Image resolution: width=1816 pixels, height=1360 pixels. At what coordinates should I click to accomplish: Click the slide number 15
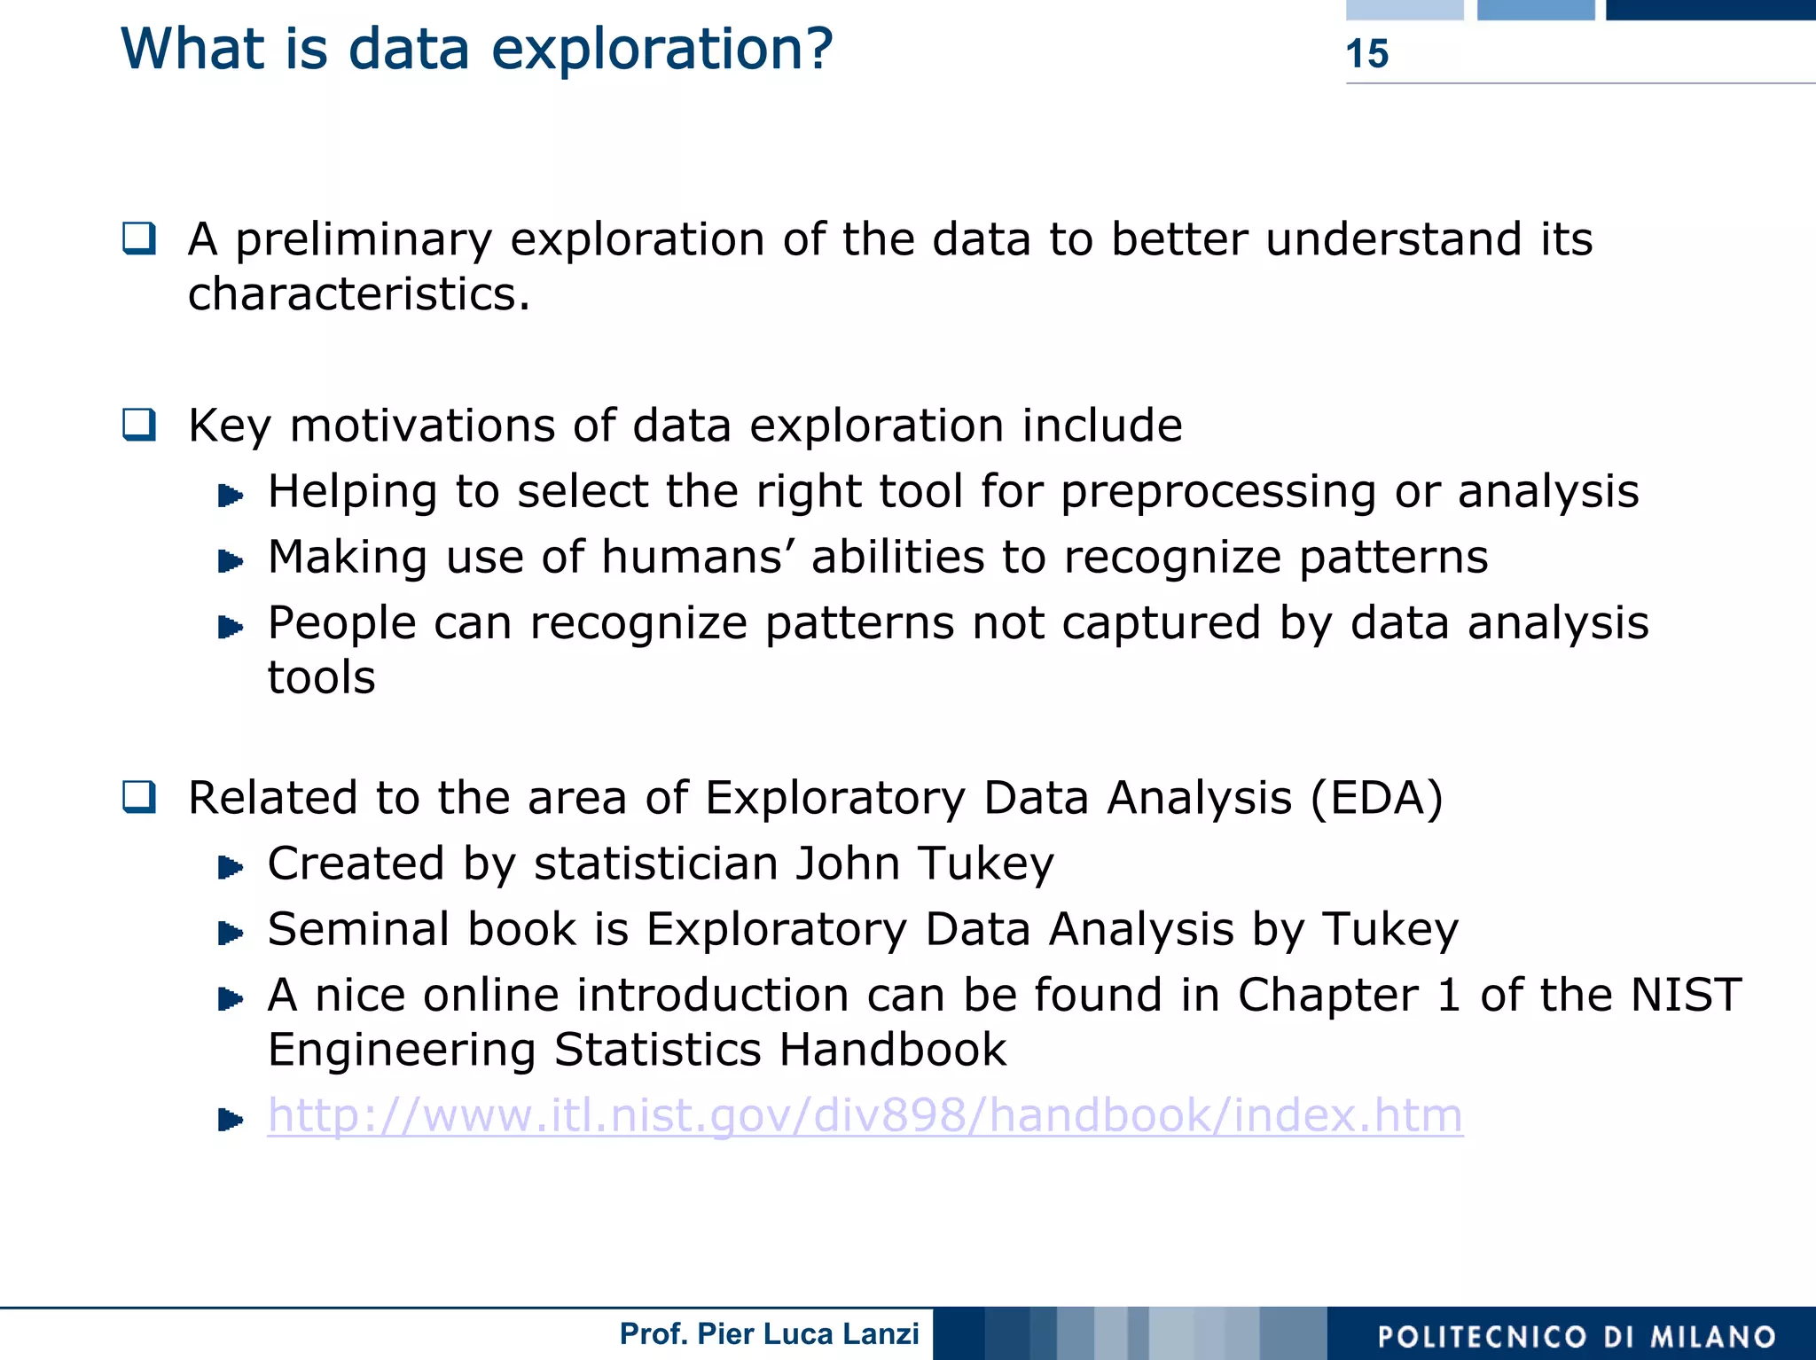(x=1366, y=54)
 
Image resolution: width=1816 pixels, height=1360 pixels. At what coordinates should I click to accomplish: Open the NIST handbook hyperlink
(x=865, y=1115)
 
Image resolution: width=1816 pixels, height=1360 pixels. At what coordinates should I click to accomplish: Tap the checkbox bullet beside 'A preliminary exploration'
(x=139, y=238)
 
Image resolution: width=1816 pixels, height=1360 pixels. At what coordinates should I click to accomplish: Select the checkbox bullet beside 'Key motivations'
(x=139, y=425)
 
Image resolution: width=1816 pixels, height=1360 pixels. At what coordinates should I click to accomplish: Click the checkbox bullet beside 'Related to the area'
(x=139, y=797)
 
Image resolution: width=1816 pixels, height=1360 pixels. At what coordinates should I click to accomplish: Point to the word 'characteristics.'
(x=359, y=294)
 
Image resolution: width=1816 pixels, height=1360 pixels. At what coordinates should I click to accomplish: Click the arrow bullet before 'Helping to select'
(x=231, y=495)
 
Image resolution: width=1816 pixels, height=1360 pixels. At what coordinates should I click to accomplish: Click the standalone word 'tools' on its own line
(x=321, y=678)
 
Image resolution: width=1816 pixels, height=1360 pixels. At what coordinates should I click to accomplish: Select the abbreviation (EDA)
(x=1376, y=798)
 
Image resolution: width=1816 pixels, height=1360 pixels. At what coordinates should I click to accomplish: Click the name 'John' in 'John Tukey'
(x=848, y=864)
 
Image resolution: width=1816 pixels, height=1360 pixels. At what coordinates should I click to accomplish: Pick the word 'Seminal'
(x=358, y=929)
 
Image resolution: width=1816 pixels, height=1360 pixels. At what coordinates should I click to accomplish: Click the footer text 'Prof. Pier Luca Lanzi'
(x=769, y=1333)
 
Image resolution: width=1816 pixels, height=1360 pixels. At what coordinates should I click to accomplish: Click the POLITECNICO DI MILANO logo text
(x=1577, y=1337)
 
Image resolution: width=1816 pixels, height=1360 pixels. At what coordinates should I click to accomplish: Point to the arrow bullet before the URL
(x=231, y=1120)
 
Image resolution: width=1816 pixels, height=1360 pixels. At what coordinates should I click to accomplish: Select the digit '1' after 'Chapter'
(x=1448, y=995)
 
